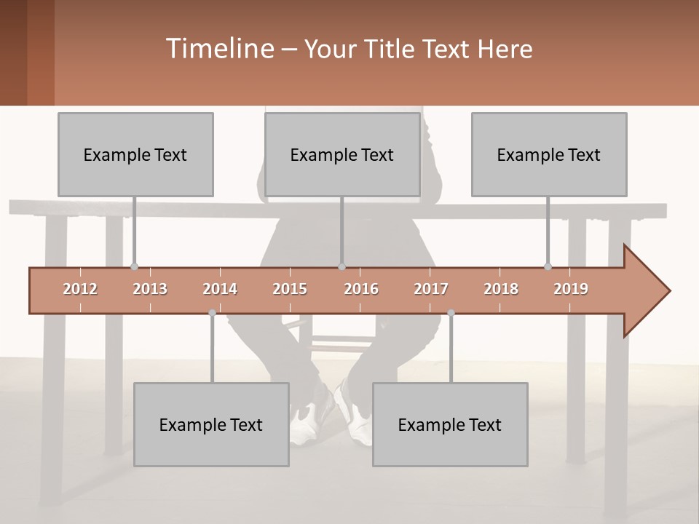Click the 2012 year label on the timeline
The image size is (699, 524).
[x=80, y=289]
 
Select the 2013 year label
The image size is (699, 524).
[x=150, y=289]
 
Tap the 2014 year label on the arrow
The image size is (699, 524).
[x=220, y=289]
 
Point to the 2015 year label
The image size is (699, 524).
[x=290, y=289]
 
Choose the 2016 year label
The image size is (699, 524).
[x=361, y=289]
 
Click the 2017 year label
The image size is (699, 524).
[x=431, y=289]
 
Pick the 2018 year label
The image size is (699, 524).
[x=501, y=289]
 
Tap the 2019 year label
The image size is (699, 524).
[x=571, y=289]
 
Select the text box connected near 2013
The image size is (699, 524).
[x=135, y=154]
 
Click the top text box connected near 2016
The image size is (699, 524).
[x=342, y=154]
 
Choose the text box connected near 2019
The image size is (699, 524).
[x=549, y=154]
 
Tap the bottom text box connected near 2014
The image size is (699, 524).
[x=211, y=424]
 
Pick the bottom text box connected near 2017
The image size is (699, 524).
[x=450, y=424]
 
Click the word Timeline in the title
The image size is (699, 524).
[x=218, y=49]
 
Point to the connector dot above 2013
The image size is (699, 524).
[x=134, y=267]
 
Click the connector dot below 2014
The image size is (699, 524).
[x=212, y=313]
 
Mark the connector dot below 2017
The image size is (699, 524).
[x=451, y=313]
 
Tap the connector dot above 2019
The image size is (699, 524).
[x=548, y=267]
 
